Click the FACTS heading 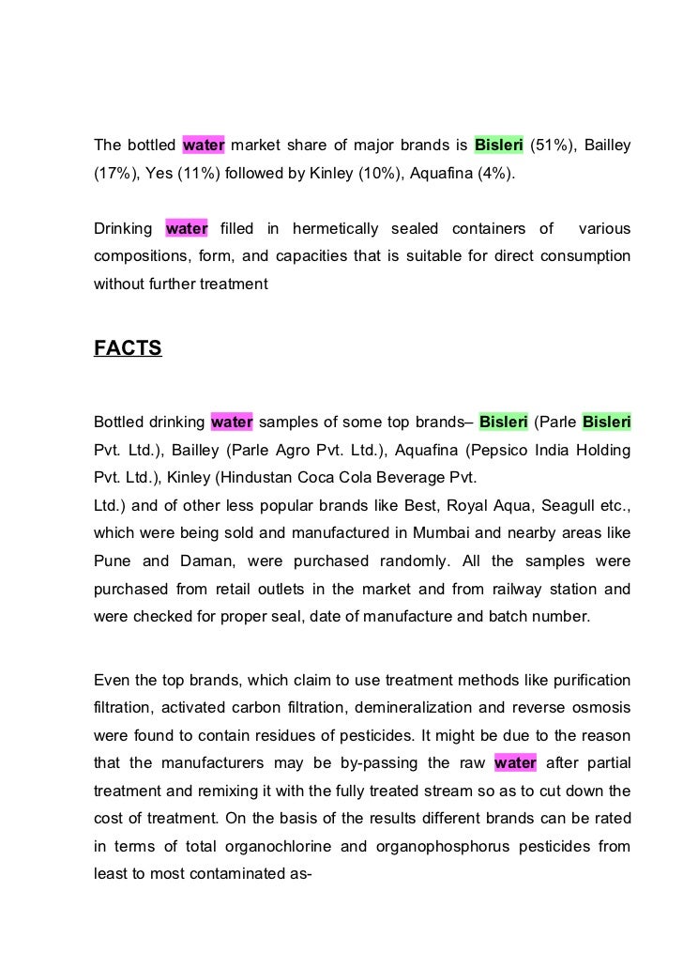pyautogui.click(x=128, y=349)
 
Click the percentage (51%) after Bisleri pyautogui.click(x=554, y=146)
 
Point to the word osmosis pyautogui.click(x=599, y=707)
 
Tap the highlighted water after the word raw pyautogui.click(x=515, y=763)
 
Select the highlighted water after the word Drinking pyautogui.click(x=186, y=228)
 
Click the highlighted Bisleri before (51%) pyautogui.click(x=498, y=146)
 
